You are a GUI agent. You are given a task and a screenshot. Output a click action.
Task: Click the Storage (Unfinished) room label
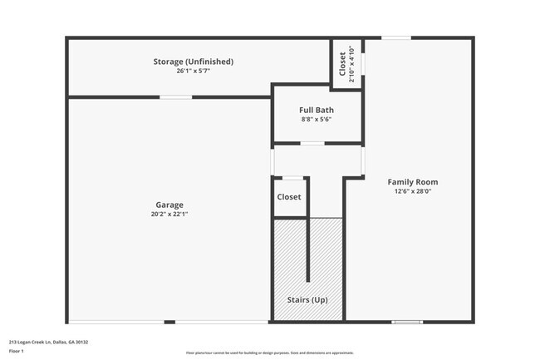pyautogui.click(x=193, y=62)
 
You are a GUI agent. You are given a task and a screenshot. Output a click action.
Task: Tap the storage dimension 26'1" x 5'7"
pyautogui.click(x=193, y=72)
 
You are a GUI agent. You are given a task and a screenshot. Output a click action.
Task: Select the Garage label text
pyautogui.click(x=169, y=205)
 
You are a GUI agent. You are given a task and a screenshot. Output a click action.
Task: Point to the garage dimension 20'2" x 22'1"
pyautogui.click(x=169, y=215)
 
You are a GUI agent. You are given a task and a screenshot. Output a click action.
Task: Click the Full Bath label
pyautogui.click(x=316, y=110)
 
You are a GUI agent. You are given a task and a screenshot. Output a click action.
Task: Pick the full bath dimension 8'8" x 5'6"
pyautogui.click(x=316, y=120)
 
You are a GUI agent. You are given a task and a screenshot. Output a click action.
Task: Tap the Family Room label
pyautogui.click(x=413, y=182)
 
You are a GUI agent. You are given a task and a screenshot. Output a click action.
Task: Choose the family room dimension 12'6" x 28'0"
pyautogui.click(x=413, y=192)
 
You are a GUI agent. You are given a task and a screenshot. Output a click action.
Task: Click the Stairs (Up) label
pyautogui.click(x=307, y=299)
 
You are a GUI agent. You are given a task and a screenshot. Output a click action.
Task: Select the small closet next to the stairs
pyautogui.click(x=289, y=197)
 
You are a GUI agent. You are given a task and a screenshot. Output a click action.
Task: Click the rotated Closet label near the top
pyautogui.click(x=342, y=62)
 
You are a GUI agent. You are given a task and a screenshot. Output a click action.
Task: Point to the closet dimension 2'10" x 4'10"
pyautogui.click(x=351, y=62)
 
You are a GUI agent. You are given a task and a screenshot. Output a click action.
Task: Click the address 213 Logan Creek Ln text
pyautogui.click(x=48, y=342)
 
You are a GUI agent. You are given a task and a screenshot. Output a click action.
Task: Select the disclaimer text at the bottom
pyautogui.click(x=270, y=353)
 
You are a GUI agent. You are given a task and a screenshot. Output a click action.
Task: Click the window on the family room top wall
pyautogui.click(x=395, y=37)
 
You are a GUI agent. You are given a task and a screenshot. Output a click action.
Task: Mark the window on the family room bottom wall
pyautogui.click(x=406, y=322)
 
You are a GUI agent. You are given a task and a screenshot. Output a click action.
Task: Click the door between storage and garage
pyautogui.click(x=176, y=97)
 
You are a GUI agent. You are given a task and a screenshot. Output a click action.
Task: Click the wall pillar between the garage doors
pyautogui.click(x=169, y=322)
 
